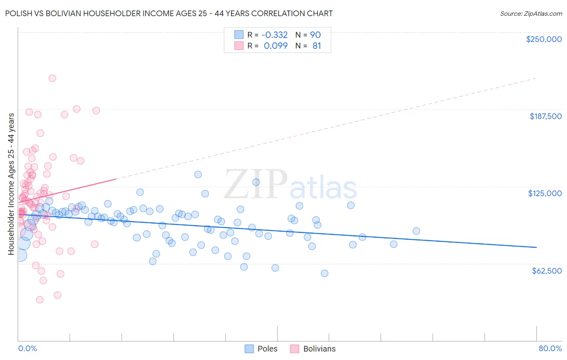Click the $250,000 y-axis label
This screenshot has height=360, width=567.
544,39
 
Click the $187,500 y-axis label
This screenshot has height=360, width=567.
545,116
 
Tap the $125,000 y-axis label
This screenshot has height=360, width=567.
545,193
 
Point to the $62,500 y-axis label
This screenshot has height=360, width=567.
546,271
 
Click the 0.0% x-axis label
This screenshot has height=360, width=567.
27,348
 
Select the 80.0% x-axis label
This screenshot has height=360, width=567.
550,348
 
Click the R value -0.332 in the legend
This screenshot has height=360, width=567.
275,35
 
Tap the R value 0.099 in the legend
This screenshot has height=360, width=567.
275,46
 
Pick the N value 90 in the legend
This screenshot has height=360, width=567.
315,35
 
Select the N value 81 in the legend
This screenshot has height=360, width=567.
317,46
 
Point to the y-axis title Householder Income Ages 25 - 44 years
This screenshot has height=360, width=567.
11,184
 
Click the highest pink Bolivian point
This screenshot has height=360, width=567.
52,78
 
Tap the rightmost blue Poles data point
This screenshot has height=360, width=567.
416,231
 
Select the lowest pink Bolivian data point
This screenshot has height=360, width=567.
40,299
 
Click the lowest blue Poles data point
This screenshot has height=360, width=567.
324,273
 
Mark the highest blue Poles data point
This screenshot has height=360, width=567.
198,174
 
